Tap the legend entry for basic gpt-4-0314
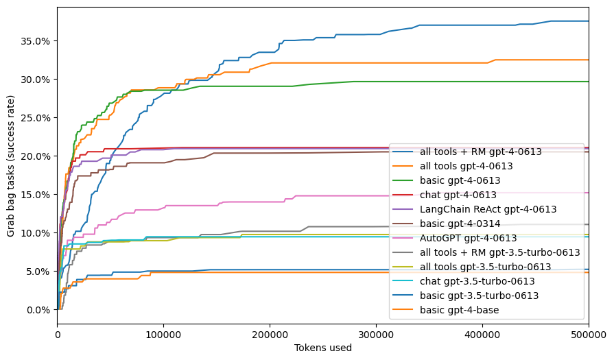point(467,224)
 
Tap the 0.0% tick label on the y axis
point(38,309)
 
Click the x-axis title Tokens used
point(323,348)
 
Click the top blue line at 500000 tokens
point(588,21)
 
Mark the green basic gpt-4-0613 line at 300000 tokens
point(376,82)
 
